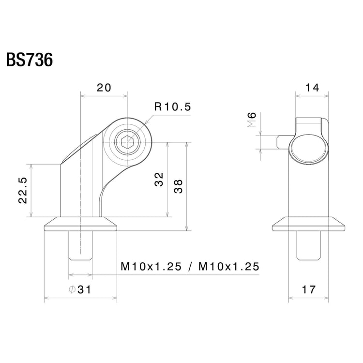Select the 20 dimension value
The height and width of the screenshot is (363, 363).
[x=104, y=88]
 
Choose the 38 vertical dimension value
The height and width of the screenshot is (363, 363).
[x=179, y=186]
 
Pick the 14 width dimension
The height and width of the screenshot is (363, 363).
[x=313, y=88]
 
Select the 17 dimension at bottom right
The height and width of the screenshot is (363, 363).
[x=308, y=289]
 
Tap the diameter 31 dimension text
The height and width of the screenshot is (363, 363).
[x=80, y=289]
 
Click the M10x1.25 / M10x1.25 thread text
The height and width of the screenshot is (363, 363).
[x=190, y=266]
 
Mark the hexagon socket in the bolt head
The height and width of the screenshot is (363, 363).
[x=128, y=142]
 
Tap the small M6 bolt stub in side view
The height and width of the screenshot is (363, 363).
[x=283, y=142]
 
